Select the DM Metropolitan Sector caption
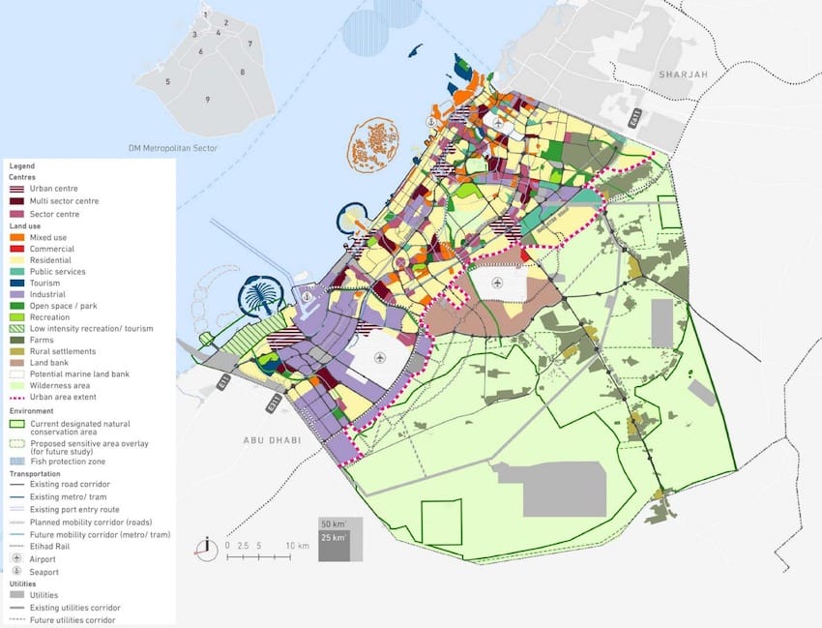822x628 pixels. pyautogui.click(x=173, y=148)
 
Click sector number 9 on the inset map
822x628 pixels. pyautogui.click(x=207, y=100)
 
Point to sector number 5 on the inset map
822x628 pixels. pyautogui.click(x=167, y=81)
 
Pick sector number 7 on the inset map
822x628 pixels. pyautogui.click(x=250, y=45)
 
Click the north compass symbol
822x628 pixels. pyautogui.click(x=206, y=549)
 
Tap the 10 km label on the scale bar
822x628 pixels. pyautogui.click(x=297, y=546)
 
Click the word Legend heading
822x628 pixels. pyautogui.click(x=21, y=166)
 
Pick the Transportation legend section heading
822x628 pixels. pyautogui.click(x=34, y=473)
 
